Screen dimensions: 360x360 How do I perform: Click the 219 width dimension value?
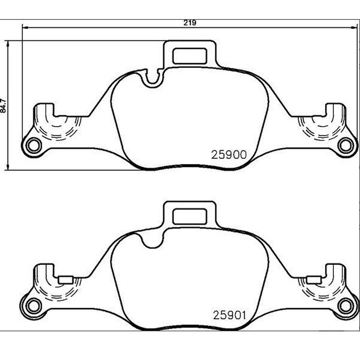click(x=190, y=23)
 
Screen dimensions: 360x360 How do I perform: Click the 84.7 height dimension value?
click(x=4, y=106)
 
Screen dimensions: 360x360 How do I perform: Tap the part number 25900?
click(x=229, y=155)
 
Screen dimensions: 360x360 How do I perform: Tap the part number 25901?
click(x=229, y=315)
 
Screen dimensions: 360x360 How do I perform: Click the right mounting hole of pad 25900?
click(x=345, y=146)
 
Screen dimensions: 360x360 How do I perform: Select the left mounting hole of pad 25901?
click(x=34, y=306)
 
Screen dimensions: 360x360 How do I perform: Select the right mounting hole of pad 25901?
click(x=345, y=306)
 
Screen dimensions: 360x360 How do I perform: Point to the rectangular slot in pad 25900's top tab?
click(x=190, y=56)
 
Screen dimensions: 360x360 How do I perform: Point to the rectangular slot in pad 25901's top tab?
click(x=190, y=216)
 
